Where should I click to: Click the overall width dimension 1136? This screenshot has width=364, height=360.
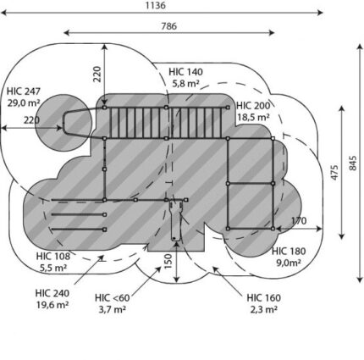pos(156,5)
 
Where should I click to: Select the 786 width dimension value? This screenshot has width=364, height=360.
pos(169,26)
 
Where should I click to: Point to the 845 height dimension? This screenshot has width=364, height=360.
pos(353,163)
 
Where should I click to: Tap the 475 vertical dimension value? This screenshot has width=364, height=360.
pos(334,172)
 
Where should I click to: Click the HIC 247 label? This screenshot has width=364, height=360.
pos(24,91)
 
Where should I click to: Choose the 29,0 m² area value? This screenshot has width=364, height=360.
pos(24,103)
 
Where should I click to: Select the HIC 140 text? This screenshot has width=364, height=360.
pos(185,72)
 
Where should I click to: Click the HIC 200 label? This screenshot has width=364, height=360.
pos(253,106)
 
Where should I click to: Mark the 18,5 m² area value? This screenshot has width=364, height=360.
pos(253,117)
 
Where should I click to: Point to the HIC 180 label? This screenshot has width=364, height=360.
pos(289,251)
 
